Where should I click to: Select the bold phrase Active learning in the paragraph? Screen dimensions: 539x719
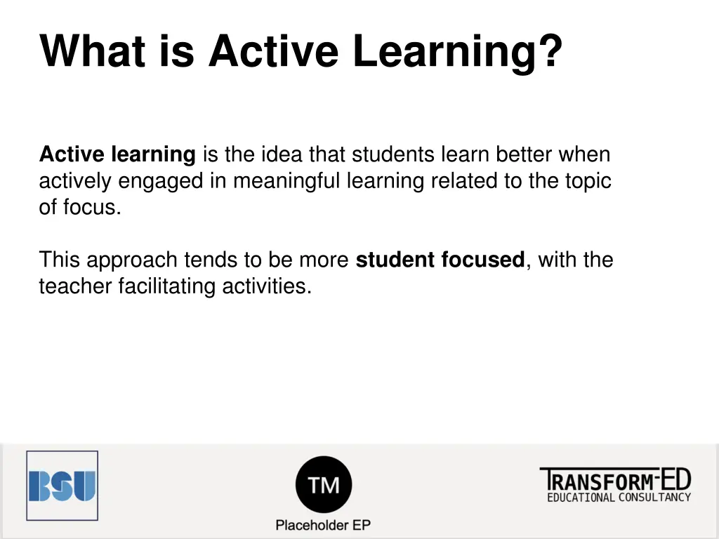point(117,154)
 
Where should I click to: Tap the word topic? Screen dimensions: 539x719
point(588,181)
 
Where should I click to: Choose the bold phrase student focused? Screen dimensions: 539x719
point(440,260)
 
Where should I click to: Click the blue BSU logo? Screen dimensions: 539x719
point(62,486)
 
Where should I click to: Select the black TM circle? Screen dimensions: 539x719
point(323,484)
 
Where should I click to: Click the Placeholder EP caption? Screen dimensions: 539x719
point(323,525)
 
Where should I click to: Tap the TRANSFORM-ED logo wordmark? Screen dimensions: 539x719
point(615,480)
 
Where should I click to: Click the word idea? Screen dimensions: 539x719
point(282,154)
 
